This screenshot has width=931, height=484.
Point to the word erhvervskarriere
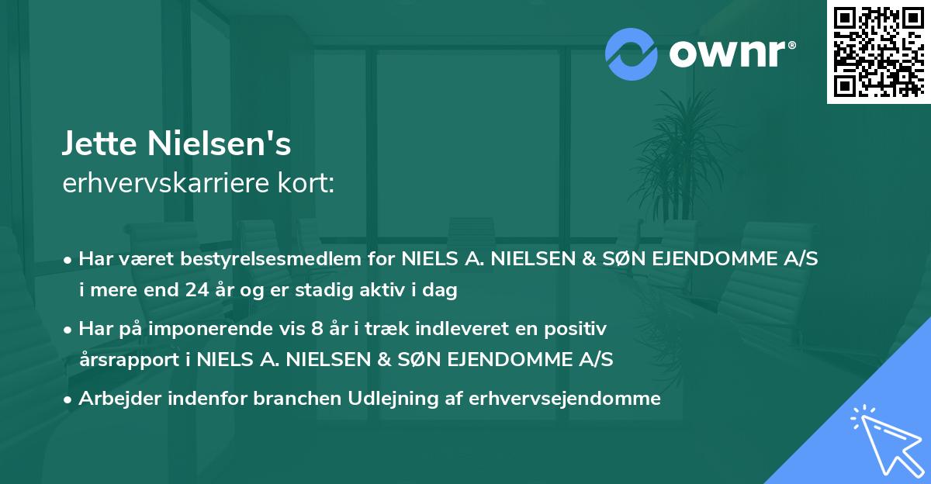[160, 184]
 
